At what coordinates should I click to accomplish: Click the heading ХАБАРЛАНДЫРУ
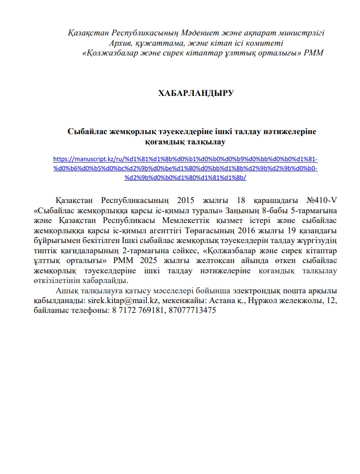(x=196, y=93)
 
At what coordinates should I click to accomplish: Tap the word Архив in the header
(x=121, y=43)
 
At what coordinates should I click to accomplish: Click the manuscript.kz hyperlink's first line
(x=185, y=158)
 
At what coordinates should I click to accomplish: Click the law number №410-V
(x=321, y=201)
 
